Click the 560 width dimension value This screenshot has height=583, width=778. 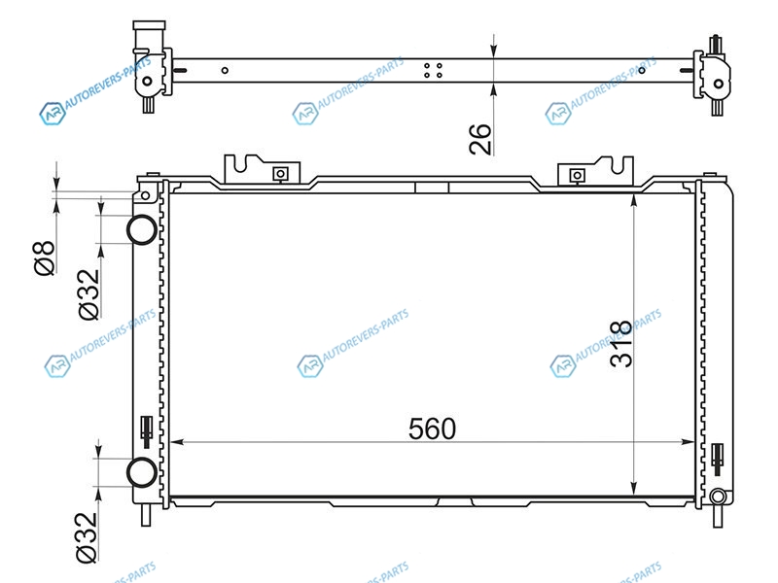(x=432, y=429)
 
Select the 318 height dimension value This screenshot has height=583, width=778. (x=620, y=344)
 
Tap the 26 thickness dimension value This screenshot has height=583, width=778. (x=480, y=139)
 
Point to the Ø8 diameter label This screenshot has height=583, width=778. (x=44, y=257)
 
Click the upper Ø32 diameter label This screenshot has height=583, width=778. (x=88, y=294)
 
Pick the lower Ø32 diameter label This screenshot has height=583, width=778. (x=87, y=537)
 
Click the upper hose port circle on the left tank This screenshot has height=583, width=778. (x=142, y=229)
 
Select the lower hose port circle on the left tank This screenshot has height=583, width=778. (x=142, y=472)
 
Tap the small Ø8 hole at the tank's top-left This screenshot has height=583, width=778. (x=145, y=196)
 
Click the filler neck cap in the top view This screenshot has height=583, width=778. (x=149, y=25)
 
